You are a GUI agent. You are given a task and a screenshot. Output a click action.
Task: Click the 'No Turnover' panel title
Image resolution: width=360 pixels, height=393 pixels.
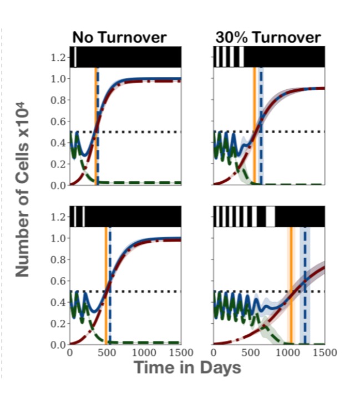coord(119,38)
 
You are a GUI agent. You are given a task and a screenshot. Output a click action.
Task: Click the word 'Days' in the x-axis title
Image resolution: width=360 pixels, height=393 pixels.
coord(220,368)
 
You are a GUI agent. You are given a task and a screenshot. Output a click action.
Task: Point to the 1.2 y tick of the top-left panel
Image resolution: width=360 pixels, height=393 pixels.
coord(58,58)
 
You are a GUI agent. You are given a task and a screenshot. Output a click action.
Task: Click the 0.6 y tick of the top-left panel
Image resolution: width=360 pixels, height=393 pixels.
coord(58,121)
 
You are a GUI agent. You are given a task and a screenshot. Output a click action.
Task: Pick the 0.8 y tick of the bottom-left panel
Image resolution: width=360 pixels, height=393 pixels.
coord(58,259)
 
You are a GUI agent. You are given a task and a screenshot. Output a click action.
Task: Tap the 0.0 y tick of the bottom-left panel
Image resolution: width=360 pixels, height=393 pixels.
coord(58,345)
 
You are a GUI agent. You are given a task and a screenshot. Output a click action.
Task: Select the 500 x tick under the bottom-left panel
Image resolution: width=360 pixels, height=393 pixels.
coord(107,353)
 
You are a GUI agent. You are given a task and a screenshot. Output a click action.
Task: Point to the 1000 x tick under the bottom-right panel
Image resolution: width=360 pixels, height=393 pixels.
coord(287,353)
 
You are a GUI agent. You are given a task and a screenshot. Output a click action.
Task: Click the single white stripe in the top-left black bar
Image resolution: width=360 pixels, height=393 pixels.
coord(75,57)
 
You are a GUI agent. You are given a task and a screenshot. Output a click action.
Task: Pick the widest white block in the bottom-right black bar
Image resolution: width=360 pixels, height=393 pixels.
coord(270,217)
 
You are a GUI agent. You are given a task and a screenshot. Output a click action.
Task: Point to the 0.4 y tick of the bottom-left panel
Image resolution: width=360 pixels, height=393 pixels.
coord(58,302)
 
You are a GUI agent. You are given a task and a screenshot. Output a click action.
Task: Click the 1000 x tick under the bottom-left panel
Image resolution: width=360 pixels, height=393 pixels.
coord(144,353)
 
